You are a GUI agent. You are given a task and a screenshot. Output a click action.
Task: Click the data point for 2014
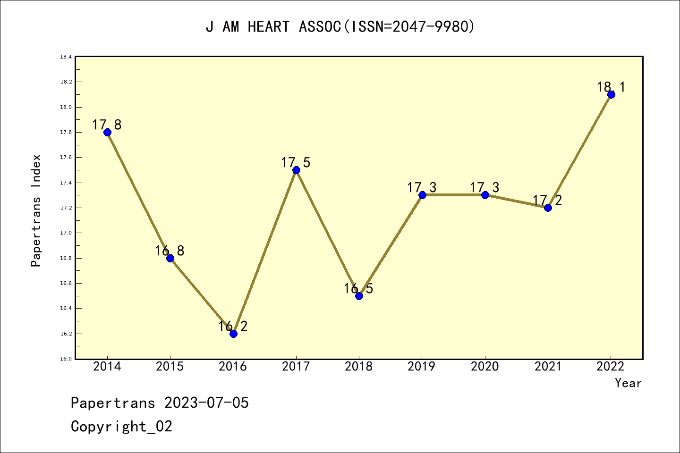(107, 132)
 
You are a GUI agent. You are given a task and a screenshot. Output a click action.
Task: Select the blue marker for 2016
(233, 334)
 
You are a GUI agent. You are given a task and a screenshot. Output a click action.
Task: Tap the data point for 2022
(611, 94)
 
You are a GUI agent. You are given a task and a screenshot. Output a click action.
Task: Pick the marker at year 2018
(359, 296)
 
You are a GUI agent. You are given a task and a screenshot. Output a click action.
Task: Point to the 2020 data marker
(485, 195)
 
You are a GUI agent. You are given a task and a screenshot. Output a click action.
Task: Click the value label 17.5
(296, 163)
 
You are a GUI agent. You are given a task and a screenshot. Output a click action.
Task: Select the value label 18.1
(611, 87)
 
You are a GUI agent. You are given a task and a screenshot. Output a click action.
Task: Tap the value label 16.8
(170, 251)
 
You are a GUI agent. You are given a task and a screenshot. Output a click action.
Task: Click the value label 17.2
(548, 201)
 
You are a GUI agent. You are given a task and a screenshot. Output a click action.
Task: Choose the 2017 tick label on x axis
(296, 367)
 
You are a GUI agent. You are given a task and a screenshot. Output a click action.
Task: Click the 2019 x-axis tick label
(422, 367)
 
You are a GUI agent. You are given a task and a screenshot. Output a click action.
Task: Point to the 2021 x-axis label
(548, 367)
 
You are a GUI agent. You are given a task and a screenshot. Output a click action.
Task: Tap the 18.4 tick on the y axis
(66, 57)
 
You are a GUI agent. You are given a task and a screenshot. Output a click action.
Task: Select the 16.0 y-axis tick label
(66, 359)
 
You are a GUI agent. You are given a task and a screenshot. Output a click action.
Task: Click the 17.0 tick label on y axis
(66, 233)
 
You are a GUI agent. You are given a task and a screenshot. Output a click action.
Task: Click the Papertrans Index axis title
(36, 210)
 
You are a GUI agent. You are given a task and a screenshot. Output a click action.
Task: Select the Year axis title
(628, 383)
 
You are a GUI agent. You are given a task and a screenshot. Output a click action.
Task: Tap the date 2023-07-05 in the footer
(206, 403)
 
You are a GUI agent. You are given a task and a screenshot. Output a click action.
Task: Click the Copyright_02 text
(121, 427)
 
